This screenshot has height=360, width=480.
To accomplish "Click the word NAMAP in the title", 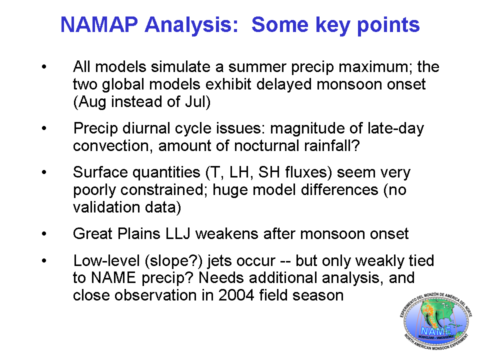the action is [x=99, y=24].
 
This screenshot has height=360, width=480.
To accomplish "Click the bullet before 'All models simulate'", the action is [x=44, y=66].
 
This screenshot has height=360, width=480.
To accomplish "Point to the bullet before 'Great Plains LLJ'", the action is [x=44, y=234].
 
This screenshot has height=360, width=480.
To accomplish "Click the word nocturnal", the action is [x=266, y=145].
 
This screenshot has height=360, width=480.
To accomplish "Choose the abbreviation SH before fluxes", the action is [x=269, y=172].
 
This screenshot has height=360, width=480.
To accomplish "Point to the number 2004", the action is [x=236, y=295].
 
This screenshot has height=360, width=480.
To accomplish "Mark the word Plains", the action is [x=138, y=234].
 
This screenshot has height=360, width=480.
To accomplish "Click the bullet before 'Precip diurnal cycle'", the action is [x=44, y=128].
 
